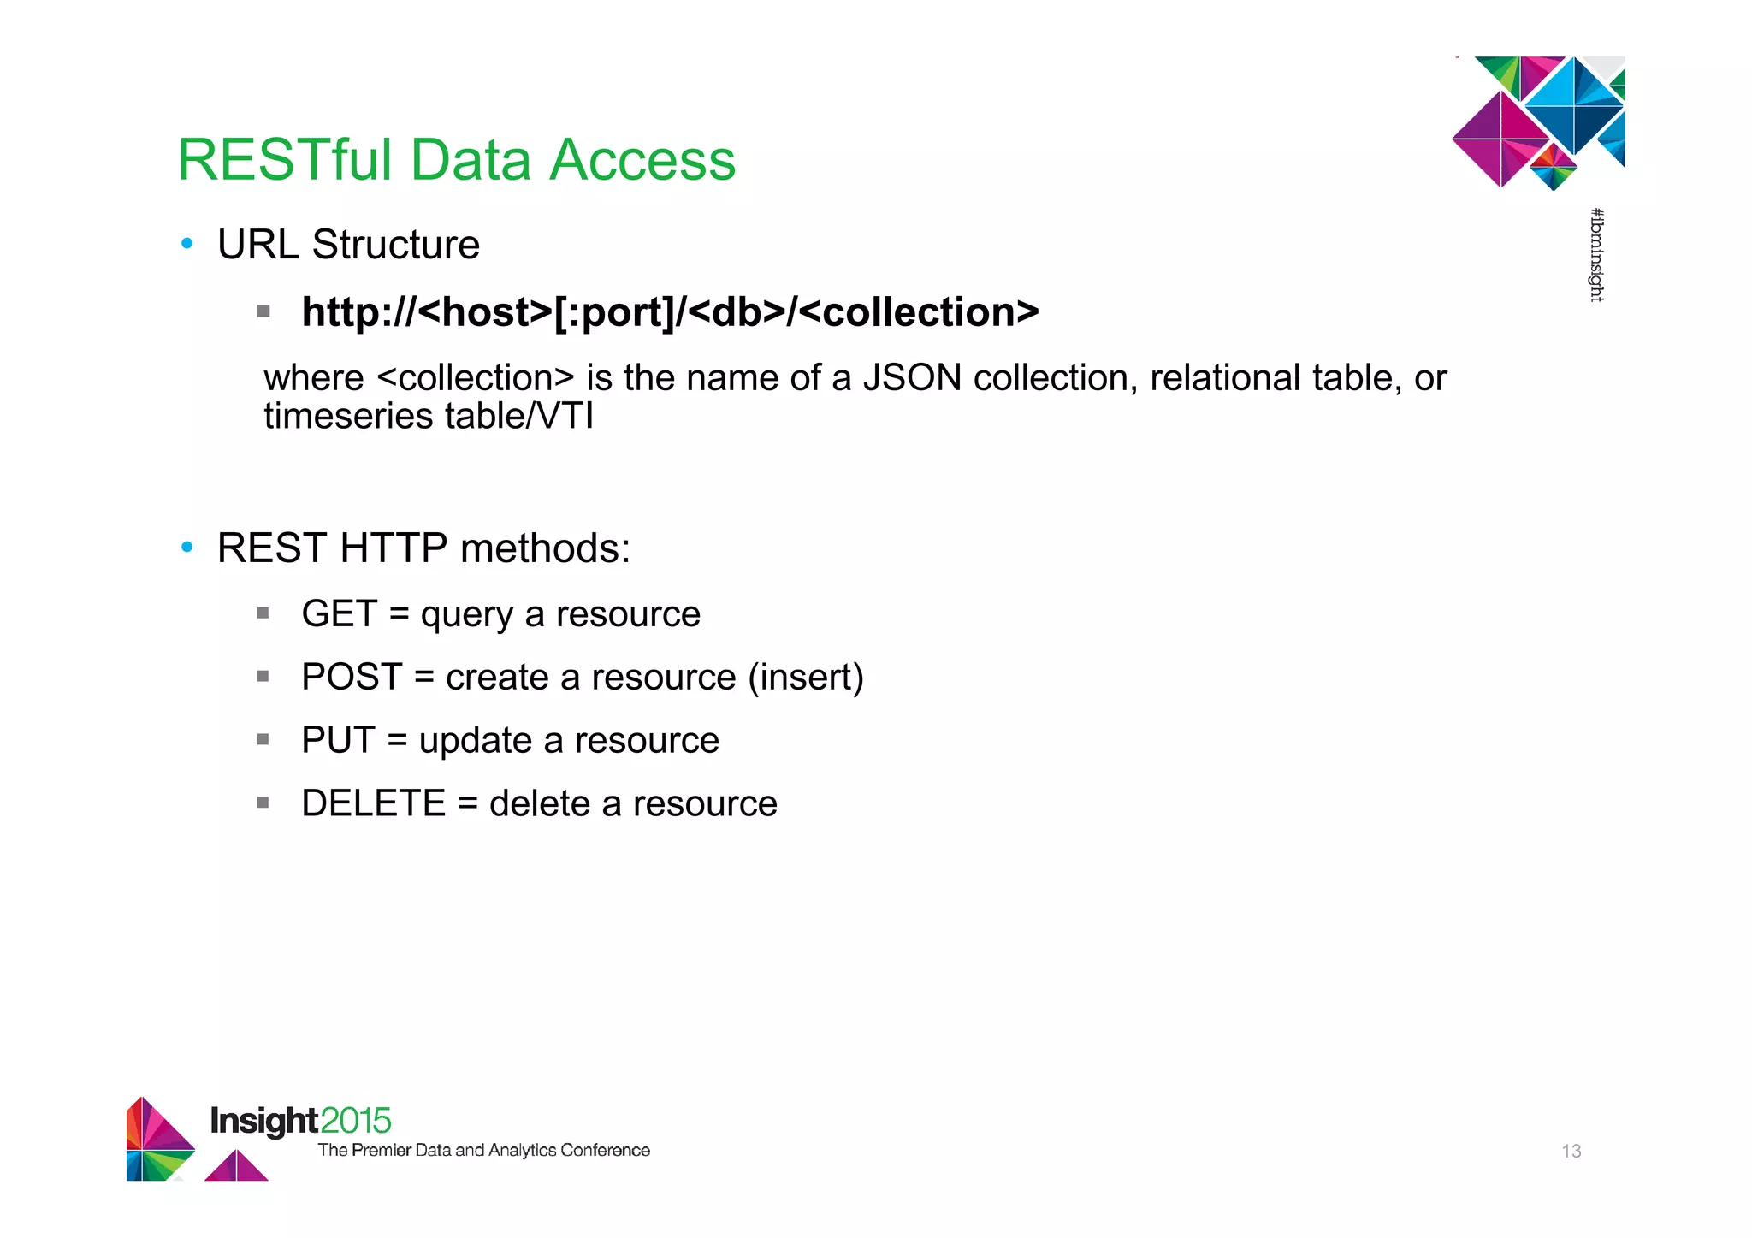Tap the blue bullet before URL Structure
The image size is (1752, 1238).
tap(187, 244)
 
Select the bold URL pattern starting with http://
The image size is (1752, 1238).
tap(670, 312)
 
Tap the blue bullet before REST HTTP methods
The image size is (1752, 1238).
tap(187, 548)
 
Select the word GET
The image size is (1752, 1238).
tap(339, 614)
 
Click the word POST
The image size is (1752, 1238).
tap(352, 678)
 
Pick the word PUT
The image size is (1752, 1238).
tap(338, 741)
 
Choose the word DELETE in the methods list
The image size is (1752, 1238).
tap(374, 804)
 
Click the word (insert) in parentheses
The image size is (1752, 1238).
tap(805, 678)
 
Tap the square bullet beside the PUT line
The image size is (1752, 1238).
tap(263, 739)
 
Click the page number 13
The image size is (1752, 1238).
tap(1571, 1152)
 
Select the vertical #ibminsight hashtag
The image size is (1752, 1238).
tap(1596, 255)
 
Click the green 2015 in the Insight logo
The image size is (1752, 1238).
tap(356, 1121)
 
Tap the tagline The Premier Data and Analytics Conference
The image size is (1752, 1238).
tap(483, 1151)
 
